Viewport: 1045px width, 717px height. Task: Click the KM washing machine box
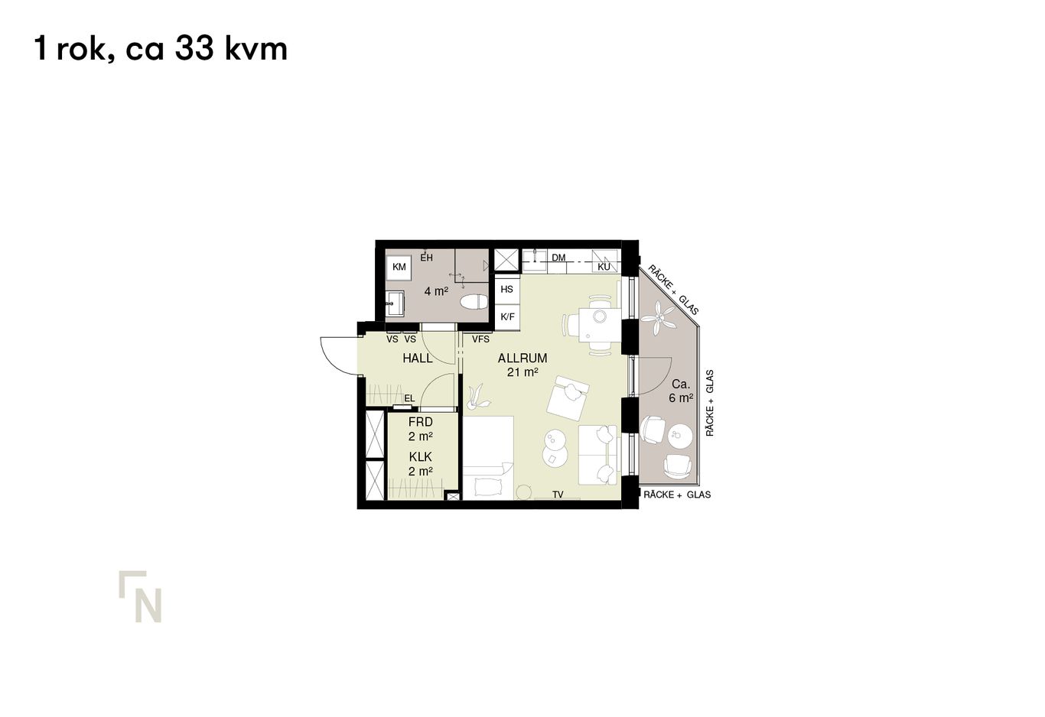[x=399, y=267]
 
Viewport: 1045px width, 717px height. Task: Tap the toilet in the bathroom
[x=474, y=302]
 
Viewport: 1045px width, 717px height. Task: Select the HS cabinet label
[x=506, y=290]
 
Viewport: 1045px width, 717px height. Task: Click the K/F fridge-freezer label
[x=506, y=316]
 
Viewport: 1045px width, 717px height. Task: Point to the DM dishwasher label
[x=558, y=258]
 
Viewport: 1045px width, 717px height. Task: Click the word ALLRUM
[x=522, y=358]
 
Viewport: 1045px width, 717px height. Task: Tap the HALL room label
[x=417, y=358]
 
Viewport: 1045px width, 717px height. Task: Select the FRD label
[x=420, y=422]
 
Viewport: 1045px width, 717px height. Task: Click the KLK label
[x=420, y=456]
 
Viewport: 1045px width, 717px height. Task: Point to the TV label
[x=558, y=495]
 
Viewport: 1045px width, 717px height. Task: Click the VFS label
[x=480, y=339]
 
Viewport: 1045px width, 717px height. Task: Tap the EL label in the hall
[x=409, y=398]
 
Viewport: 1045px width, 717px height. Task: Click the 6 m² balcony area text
[x=680, y=398]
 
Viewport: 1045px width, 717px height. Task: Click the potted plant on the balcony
[x=660, y=316]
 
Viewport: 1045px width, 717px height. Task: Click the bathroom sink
[x=395, y=303]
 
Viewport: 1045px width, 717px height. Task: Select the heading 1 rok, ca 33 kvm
[x=161, y=49]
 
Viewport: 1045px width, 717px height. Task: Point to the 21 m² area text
[x=522, y=372]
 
